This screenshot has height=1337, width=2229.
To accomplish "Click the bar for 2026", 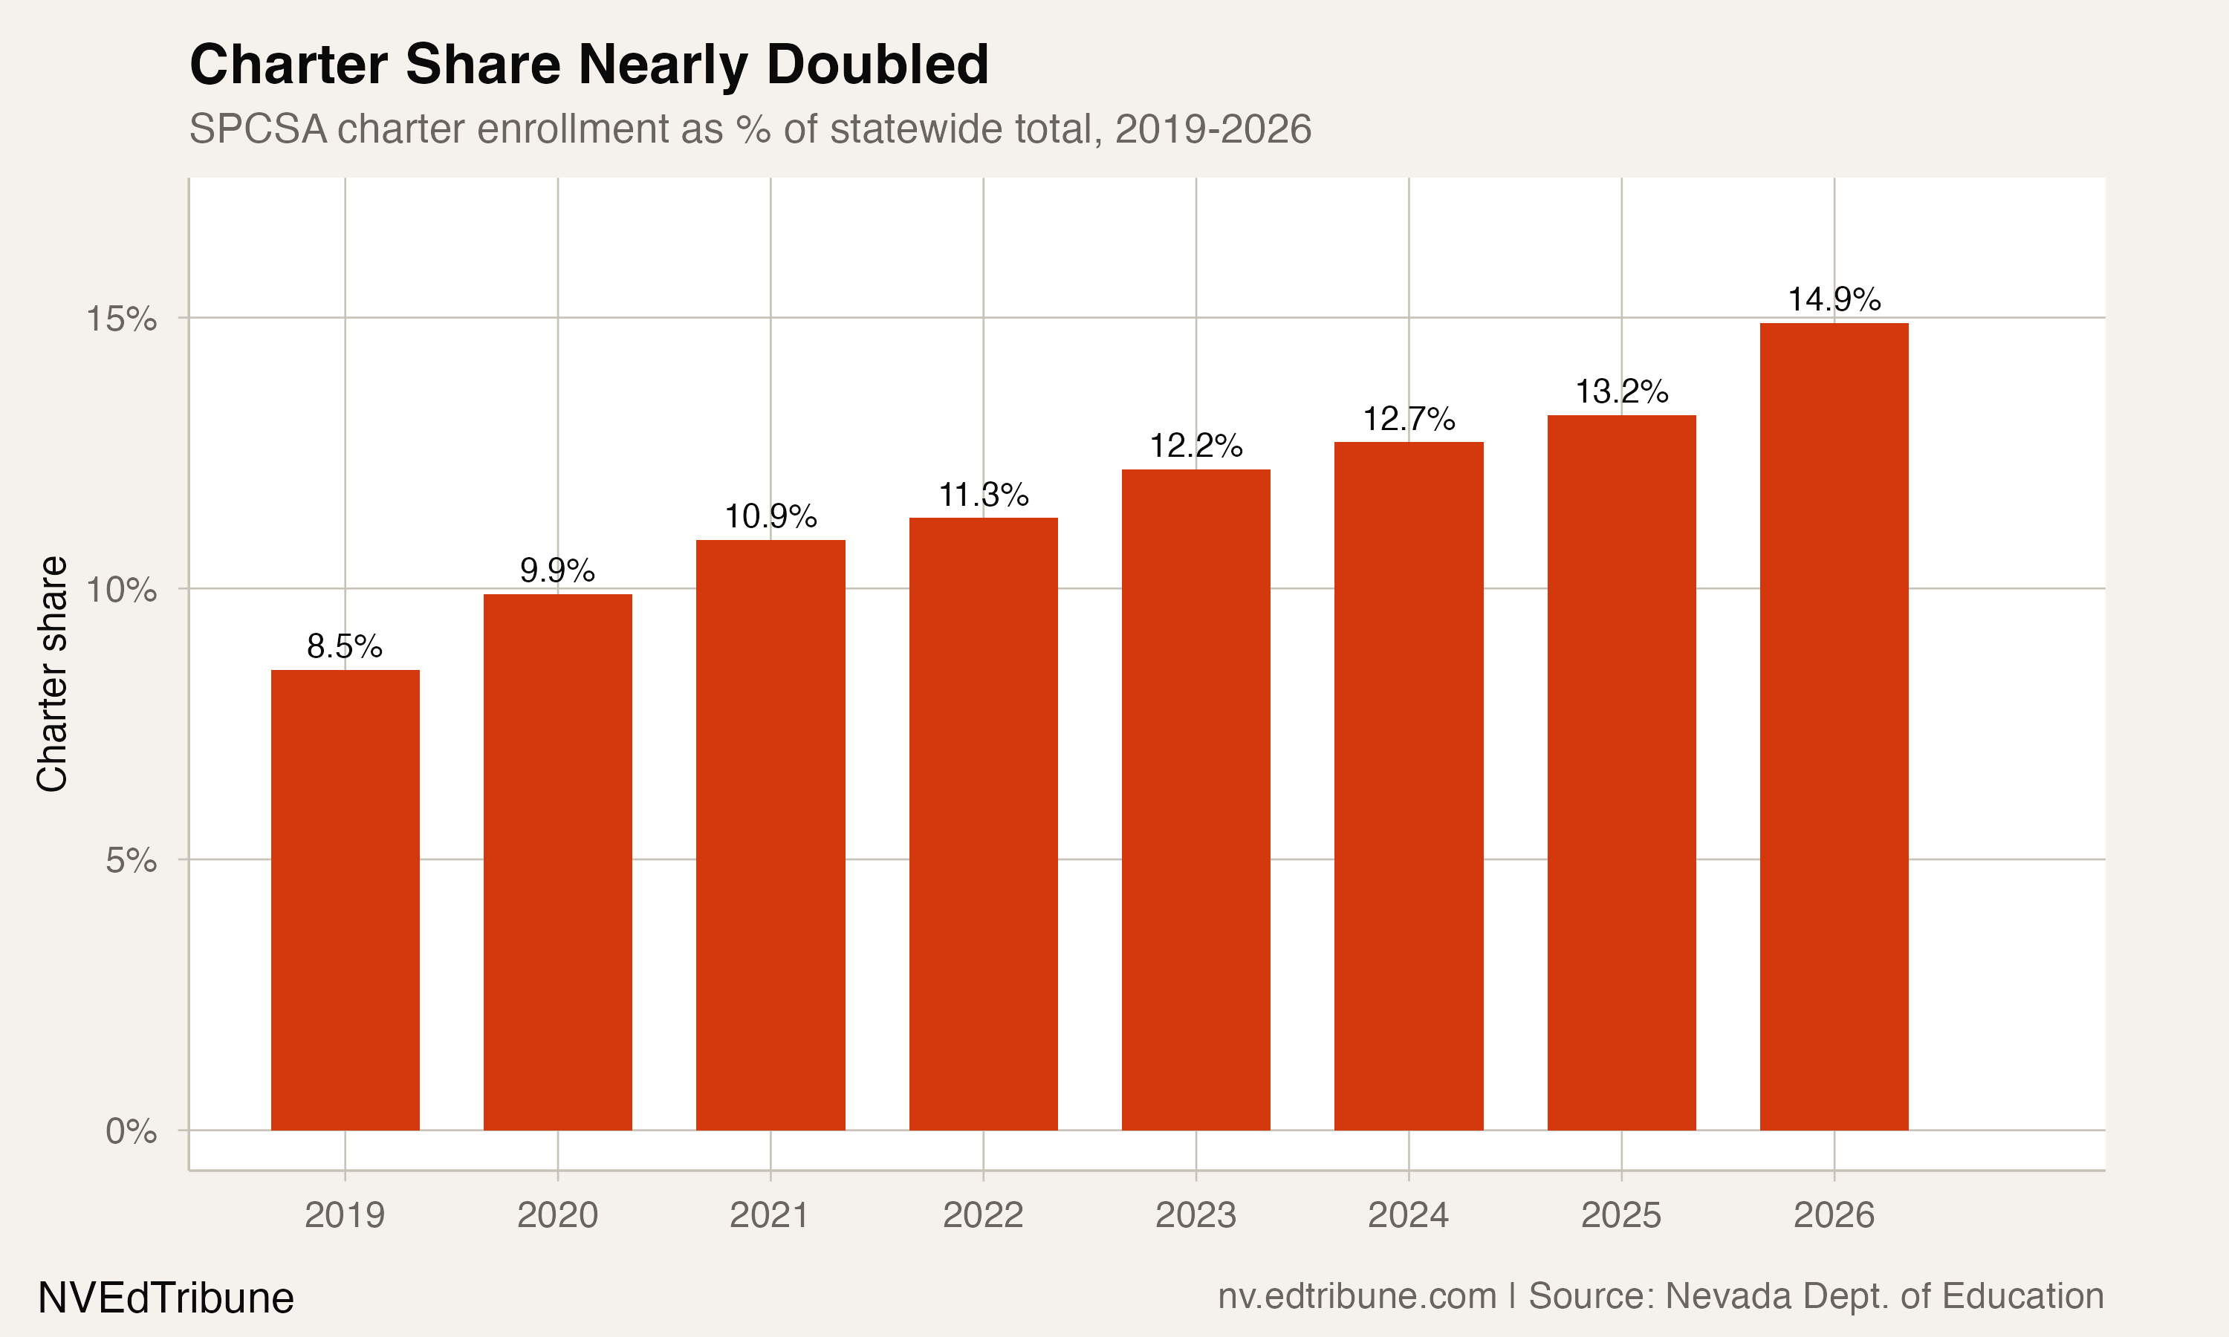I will coord(1834,726).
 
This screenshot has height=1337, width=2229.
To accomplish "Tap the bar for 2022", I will coord(983,824).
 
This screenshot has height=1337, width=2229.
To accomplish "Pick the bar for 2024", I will coord(1408,786).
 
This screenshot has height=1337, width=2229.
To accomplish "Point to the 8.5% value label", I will coord(344,646).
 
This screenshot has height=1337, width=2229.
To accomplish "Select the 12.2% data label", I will coord(1195,445).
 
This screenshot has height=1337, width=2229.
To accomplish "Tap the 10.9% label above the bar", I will coord(770,516).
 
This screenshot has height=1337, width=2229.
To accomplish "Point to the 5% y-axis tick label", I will coord(131,860).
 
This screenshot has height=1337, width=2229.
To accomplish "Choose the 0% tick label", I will coord(131,1131).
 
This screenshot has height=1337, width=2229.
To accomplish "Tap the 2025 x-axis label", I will coord(1620,1215).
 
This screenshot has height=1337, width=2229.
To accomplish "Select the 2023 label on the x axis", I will coord(1195,1215).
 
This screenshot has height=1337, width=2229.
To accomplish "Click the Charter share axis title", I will coord(52,674).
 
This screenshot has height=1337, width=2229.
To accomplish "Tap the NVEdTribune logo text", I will coord(166,1298).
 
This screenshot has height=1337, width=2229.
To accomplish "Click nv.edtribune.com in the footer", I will coord(1356,1296).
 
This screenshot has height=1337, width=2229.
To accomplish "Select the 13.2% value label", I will coord(1620,391).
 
